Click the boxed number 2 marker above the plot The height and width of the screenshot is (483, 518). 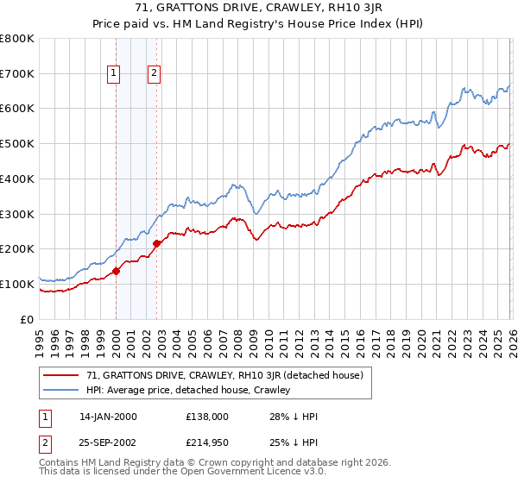tap(154, 74)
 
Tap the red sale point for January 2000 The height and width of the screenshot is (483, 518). tap(116, 271)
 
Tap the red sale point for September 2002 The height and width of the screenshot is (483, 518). tap(156, 243)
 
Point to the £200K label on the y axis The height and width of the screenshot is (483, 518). tap(18, 248)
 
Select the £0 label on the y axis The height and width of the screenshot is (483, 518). tap(27, 319)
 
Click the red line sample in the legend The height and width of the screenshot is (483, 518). tap(61, 376)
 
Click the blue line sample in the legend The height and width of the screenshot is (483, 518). tap(61, 391)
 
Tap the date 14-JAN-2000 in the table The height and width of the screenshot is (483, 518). tap(108, 417)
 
